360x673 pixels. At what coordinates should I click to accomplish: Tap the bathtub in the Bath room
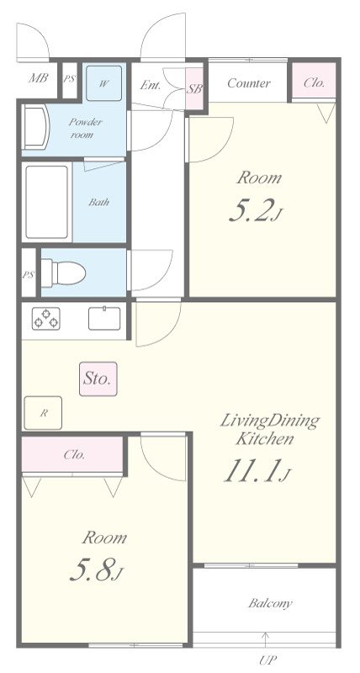pos(47,202)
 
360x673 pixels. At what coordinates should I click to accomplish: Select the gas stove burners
pos(46,319)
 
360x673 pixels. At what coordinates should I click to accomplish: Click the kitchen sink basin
pos(104,319)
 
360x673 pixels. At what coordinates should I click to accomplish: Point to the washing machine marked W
pos(103,83)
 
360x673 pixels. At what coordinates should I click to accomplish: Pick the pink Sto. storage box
pos(98,379)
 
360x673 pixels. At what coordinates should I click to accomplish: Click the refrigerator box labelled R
pos(44,413)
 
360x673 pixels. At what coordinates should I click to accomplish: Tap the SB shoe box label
pos(194,89)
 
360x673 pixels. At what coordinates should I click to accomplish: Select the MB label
pos(38,78)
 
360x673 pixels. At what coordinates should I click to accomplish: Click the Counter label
pos(249,82)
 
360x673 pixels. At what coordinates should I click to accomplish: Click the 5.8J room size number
pos(97,570)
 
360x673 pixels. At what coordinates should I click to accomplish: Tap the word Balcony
pos(270,603)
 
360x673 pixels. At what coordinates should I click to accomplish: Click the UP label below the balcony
pos(268,659)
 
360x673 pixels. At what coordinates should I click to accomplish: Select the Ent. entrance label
pos(151,85)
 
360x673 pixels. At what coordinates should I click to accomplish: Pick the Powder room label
pos(86,128)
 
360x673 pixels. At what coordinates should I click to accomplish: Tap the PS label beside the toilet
pos(29,275)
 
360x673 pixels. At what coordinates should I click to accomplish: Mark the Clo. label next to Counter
pos(314,82)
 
